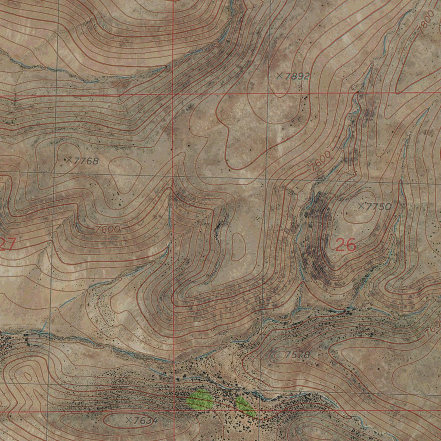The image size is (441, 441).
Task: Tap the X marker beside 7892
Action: (x=280, y=76)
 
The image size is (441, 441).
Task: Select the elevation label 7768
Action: (x=86, y=161)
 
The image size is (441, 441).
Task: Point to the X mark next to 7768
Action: (x=69, y=160)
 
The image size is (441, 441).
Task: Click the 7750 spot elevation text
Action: (x=379, y=207)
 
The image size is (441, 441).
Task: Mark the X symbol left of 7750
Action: (x=361, y=206)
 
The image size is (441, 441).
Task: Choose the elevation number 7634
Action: (x=146, y=420)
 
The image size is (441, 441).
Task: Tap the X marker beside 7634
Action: (x=128, y=419)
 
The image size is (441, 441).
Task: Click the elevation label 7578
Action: (x=298, y=355)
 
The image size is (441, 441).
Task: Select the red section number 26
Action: (x=345, y=245)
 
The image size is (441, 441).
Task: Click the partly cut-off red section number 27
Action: (x=7, y=244)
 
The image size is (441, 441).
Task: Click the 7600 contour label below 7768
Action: (x=107, y=230)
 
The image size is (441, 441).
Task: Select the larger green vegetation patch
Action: (x=200, y=399)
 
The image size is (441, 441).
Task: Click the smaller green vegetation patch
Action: (x=245, y=406)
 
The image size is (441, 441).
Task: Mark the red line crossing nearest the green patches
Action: (x=174, y=411)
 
